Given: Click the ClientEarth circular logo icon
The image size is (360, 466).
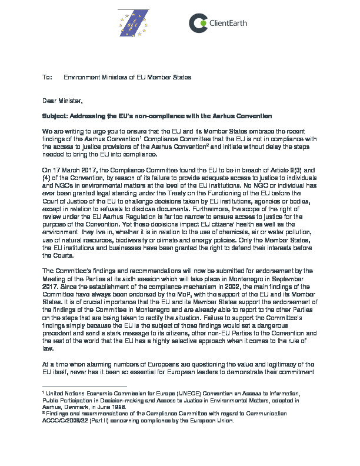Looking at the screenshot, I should [198, 22].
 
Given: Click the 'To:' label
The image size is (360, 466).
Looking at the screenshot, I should [48, 78].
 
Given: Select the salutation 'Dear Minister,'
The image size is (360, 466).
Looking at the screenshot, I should [63, 101].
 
